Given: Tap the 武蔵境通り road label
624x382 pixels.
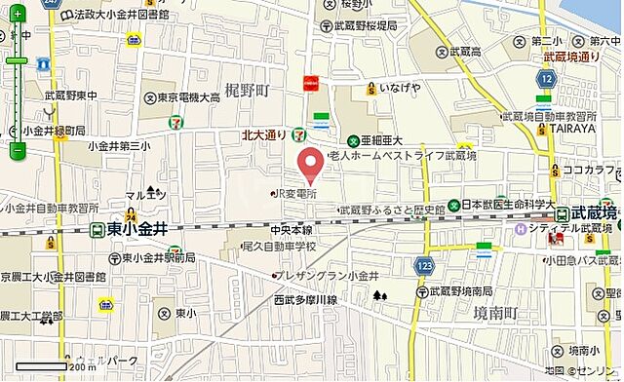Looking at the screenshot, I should click(571, 57).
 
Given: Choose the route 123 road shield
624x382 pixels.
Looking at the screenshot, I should click(423, 264).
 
